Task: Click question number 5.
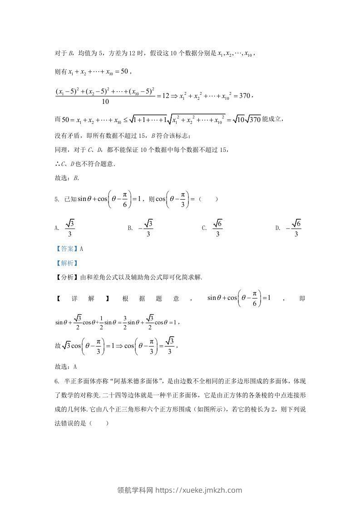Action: pyautogui.click(x=56, y=199)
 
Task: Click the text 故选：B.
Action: pyautogui.click(x=67, y=178)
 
